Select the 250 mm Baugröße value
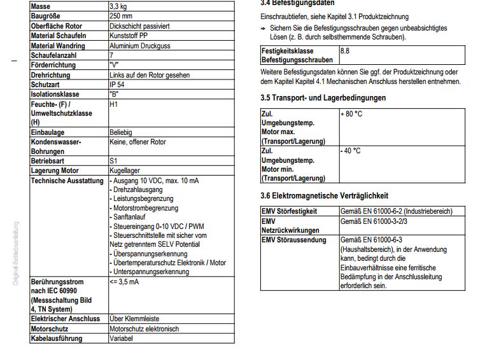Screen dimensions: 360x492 122,16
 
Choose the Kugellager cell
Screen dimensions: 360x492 125,170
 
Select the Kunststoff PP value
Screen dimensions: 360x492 131,36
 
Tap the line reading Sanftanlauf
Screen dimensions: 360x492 131,217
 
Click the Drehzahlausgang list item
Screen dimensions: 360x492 137,190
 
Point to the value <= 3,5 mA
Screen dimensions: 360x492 125,282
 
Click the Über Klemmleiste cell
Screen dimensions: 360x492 134,319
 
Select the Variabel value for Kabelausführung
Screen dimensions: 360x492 121,338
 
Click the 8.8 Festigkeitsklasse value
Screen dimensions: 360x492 345,50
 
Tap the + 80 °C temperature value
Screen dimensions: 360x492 351,114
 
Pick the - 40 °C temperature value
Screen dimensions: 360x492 350,151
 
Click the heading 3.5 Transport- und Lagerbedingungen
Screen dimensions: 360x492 323,98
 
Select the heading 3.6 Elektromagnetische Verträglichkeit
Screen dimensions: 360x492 324,196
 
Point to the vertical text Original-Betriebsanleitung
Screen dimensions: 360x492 16,253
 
